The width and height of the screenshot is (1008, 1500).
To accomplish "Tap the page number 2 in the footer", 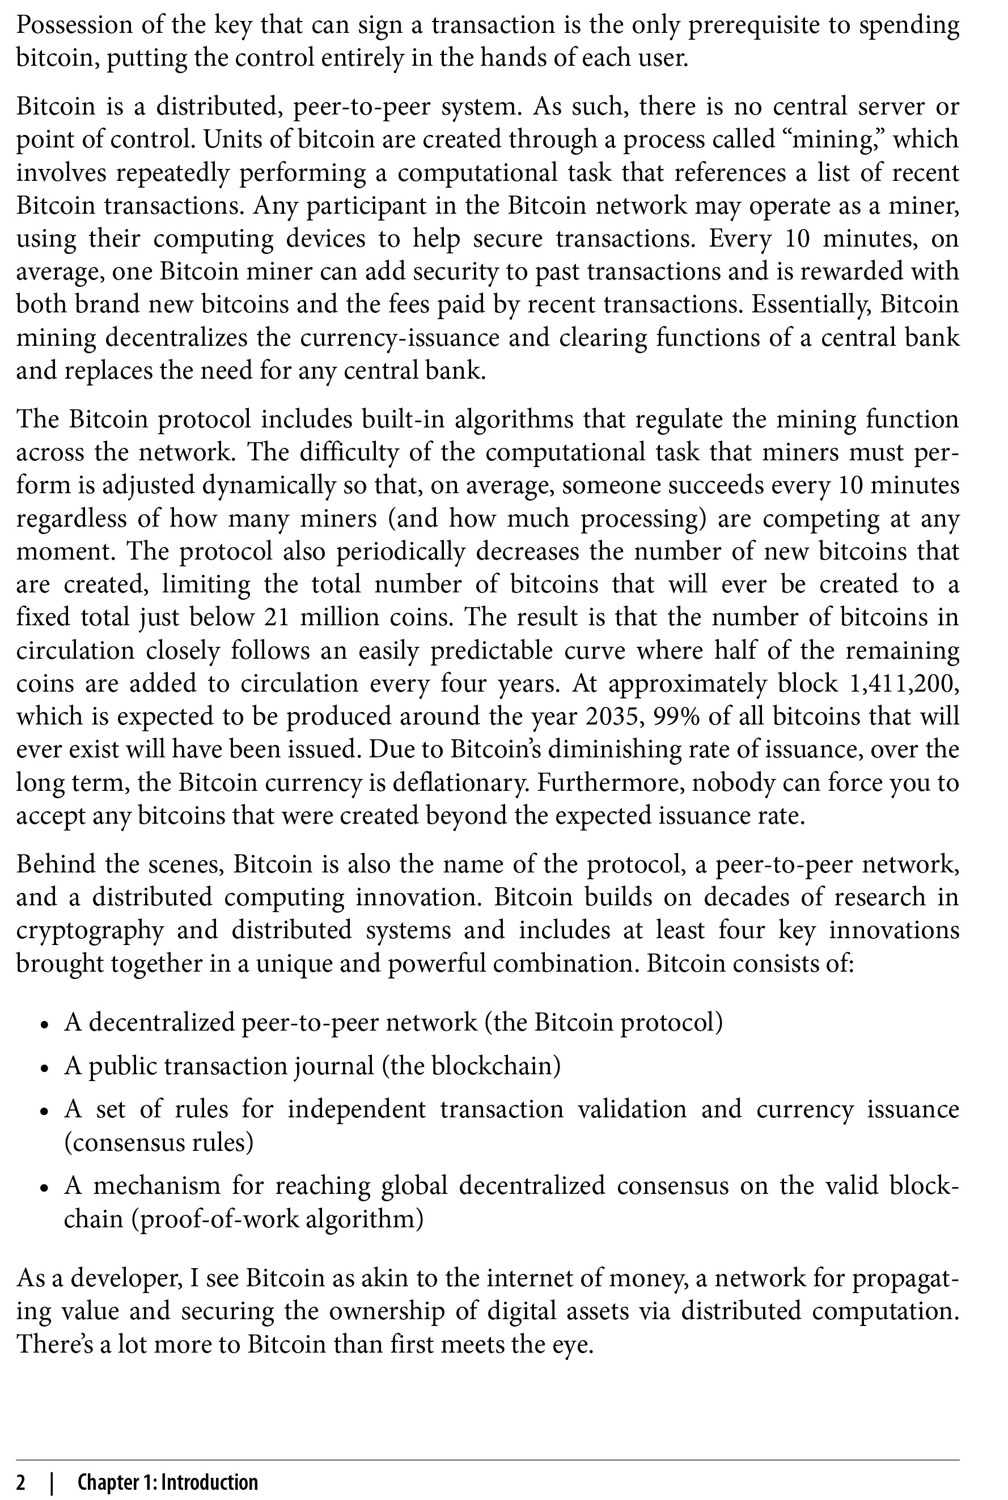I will click(21, 1465).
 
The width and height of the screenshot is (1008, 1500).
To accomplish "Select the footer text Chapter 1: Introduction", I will click(168, 1465).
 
